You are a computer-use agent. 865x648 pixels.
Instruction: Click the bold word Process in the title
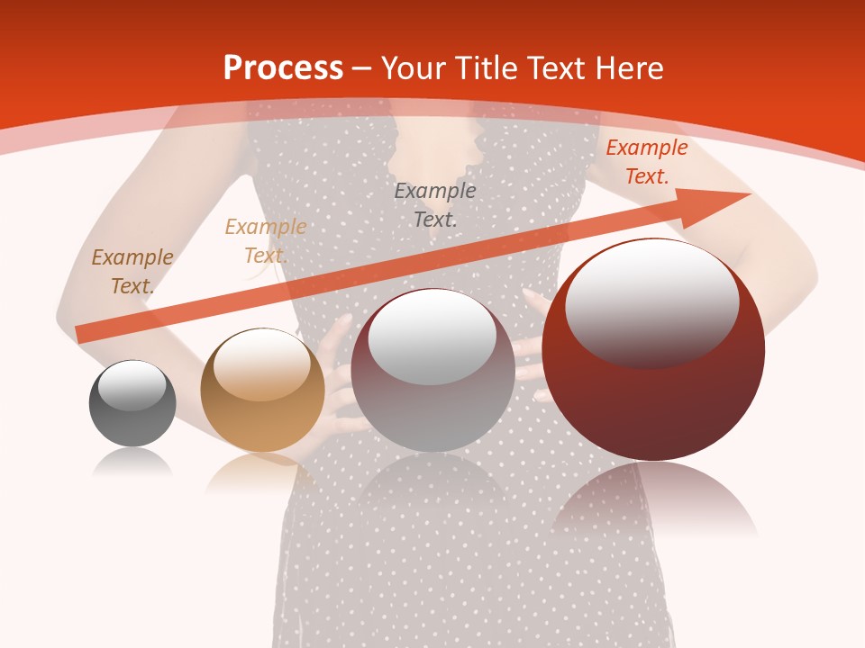pos(283,68)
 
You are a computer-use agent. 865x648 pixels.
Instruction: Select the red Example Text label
pos(646,162)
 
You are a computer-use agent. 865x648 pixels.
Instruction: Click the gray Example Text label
pos(435,204)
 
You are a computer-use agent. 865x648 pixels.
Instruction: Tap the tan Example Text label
pos(266,241)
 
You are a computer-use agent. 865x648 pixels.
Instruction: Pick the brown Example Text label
pos(132,271)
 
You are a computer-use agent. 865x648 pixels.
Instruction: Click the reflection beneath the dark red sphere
pos(654,499)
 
